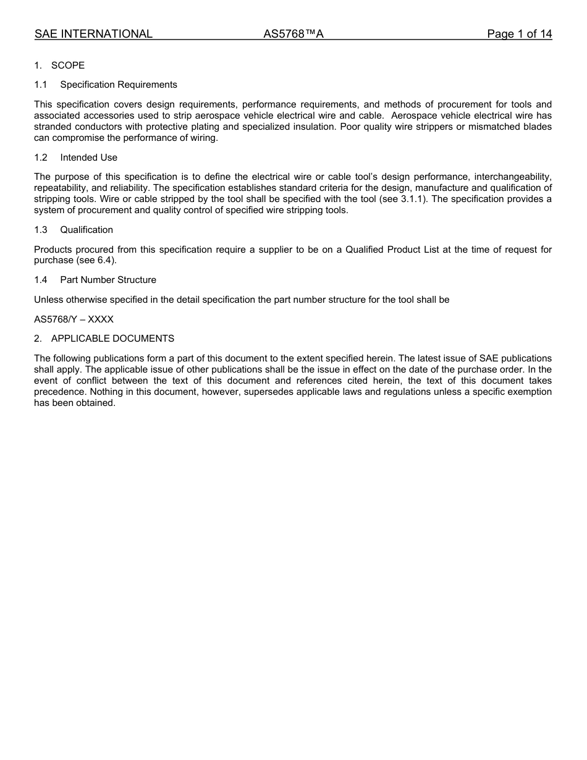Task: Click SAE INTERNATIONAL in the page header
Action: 93,34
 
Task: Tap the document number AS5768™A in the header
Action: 293,34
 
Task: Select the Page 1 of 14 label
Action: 519,34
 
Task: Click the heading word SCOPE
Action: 68,65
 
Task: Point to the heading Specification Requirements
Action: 119,85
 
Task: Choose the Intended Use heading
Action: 89,158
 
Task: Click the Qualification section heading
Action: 87,230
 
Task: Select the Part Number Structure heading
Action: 108,280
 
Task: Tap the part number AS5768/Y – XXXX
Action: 74,319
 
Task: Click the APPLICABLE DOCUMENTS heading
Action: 112,339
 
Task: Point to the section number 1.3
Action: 41,230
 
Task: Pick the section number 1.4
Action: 41,280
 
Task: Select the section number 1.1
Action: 41,85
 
